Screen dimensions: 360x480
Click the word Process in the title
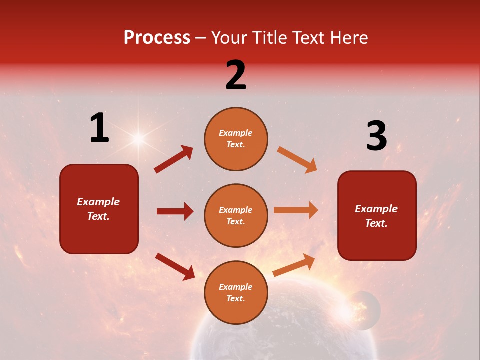point(157,38)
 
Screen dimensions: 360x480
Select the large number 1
point(99,128)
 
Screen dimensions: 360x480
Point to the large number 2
point(236,75)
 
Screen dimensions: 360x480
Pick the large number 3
point(376,136)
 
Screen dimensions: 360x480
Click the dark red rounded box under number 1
point(99,209)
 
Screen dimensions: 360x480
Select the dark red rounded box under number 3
point(377,215)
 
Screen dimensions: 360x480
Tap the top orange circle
point(236,139)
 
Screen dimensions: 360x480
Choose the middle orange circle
point(236,215)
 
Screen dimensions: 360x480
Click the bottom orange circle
point(236,292)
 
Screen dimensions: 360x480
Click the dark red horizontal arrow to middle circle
point(175,211)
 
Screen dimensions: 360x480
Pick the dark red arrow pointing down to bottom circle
point(175,266)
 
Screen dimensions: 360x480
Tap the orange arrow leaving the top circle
point(297,159)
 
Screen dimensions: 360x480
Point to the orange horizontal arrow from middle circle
point(296,210)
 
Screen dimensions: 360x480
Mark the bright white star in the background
point(138,138)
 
